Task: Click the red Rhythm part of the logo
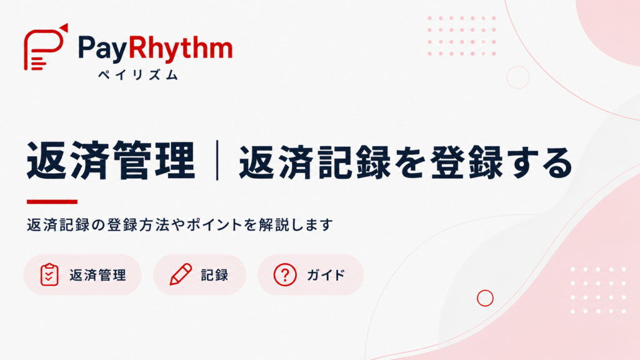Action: [181, 48]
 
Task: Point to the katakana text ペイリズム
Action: [138, 75]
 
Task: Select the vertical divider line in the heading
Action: [217, 160]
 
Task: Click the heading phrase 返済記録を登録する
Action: [406, 162]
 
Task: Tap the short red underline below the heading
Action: [52, 202]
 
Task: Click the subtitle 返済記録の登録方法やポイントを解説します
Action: [180, 225]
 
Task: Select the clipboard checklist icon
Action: [49, 274]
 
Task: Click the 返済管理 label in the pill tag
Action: [97, 275]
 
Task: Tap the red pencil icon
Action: [181, 274]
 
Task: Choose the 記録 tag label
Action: [214, 275]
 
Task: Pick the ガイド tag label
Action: [326, 275]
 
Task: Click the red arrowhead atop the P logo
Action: [64, 27]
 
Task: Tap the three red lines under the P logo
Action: [38, 64]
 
